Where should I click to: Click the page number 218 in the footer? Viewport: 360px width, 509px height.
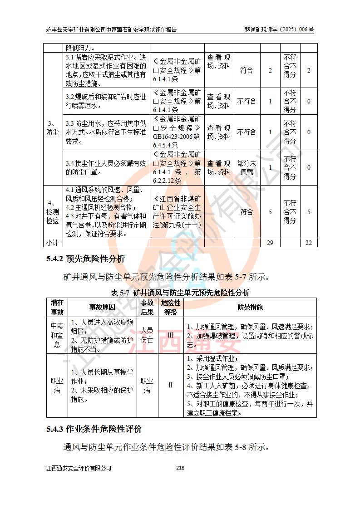coord(180,468)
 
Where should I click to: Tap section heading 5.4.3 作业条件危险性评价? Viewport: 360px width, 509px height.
coord(94,429)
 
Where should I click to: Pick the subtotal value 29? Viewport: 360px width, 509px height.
coord(270,243)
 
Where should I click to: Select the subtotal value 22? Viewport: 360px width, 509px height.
coord(309,243)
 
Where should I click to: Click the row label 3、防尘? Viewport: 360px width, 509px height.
coord(53,128)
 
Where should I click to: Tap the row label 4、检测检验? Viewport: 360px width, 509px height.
coord(53,212)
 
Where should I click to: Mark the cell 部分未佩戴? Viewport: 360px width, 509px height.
coord(247,168)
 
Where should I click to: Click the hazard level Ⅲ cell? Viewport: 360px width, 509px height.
coord(171,335)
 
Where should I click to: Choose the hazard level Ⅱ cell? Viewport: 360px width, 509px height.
coord(171,385)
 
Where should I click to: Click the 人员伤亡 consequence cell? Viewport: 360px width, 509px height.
coord(147,335)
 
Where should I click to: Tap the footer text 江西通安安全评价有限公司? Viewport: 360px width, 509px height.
coord(79,468)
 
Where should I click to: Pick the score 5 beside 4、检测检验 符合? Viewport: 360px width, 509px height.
coord(270,212)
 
